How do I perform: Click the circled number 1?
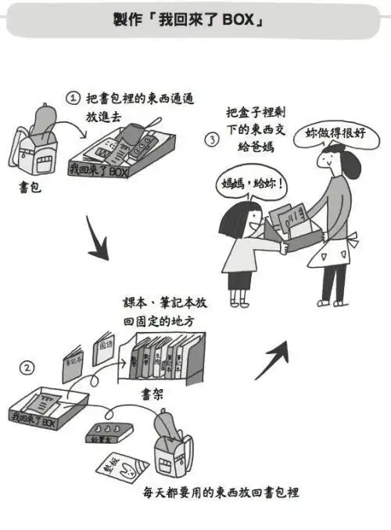coord(73,98)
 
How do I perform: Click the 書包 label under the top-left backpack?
coord(30,189)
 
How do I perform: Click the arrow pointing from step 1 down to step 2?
coord(97,241)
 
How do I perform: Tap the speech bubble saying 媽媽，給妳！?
coord(249,187)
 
